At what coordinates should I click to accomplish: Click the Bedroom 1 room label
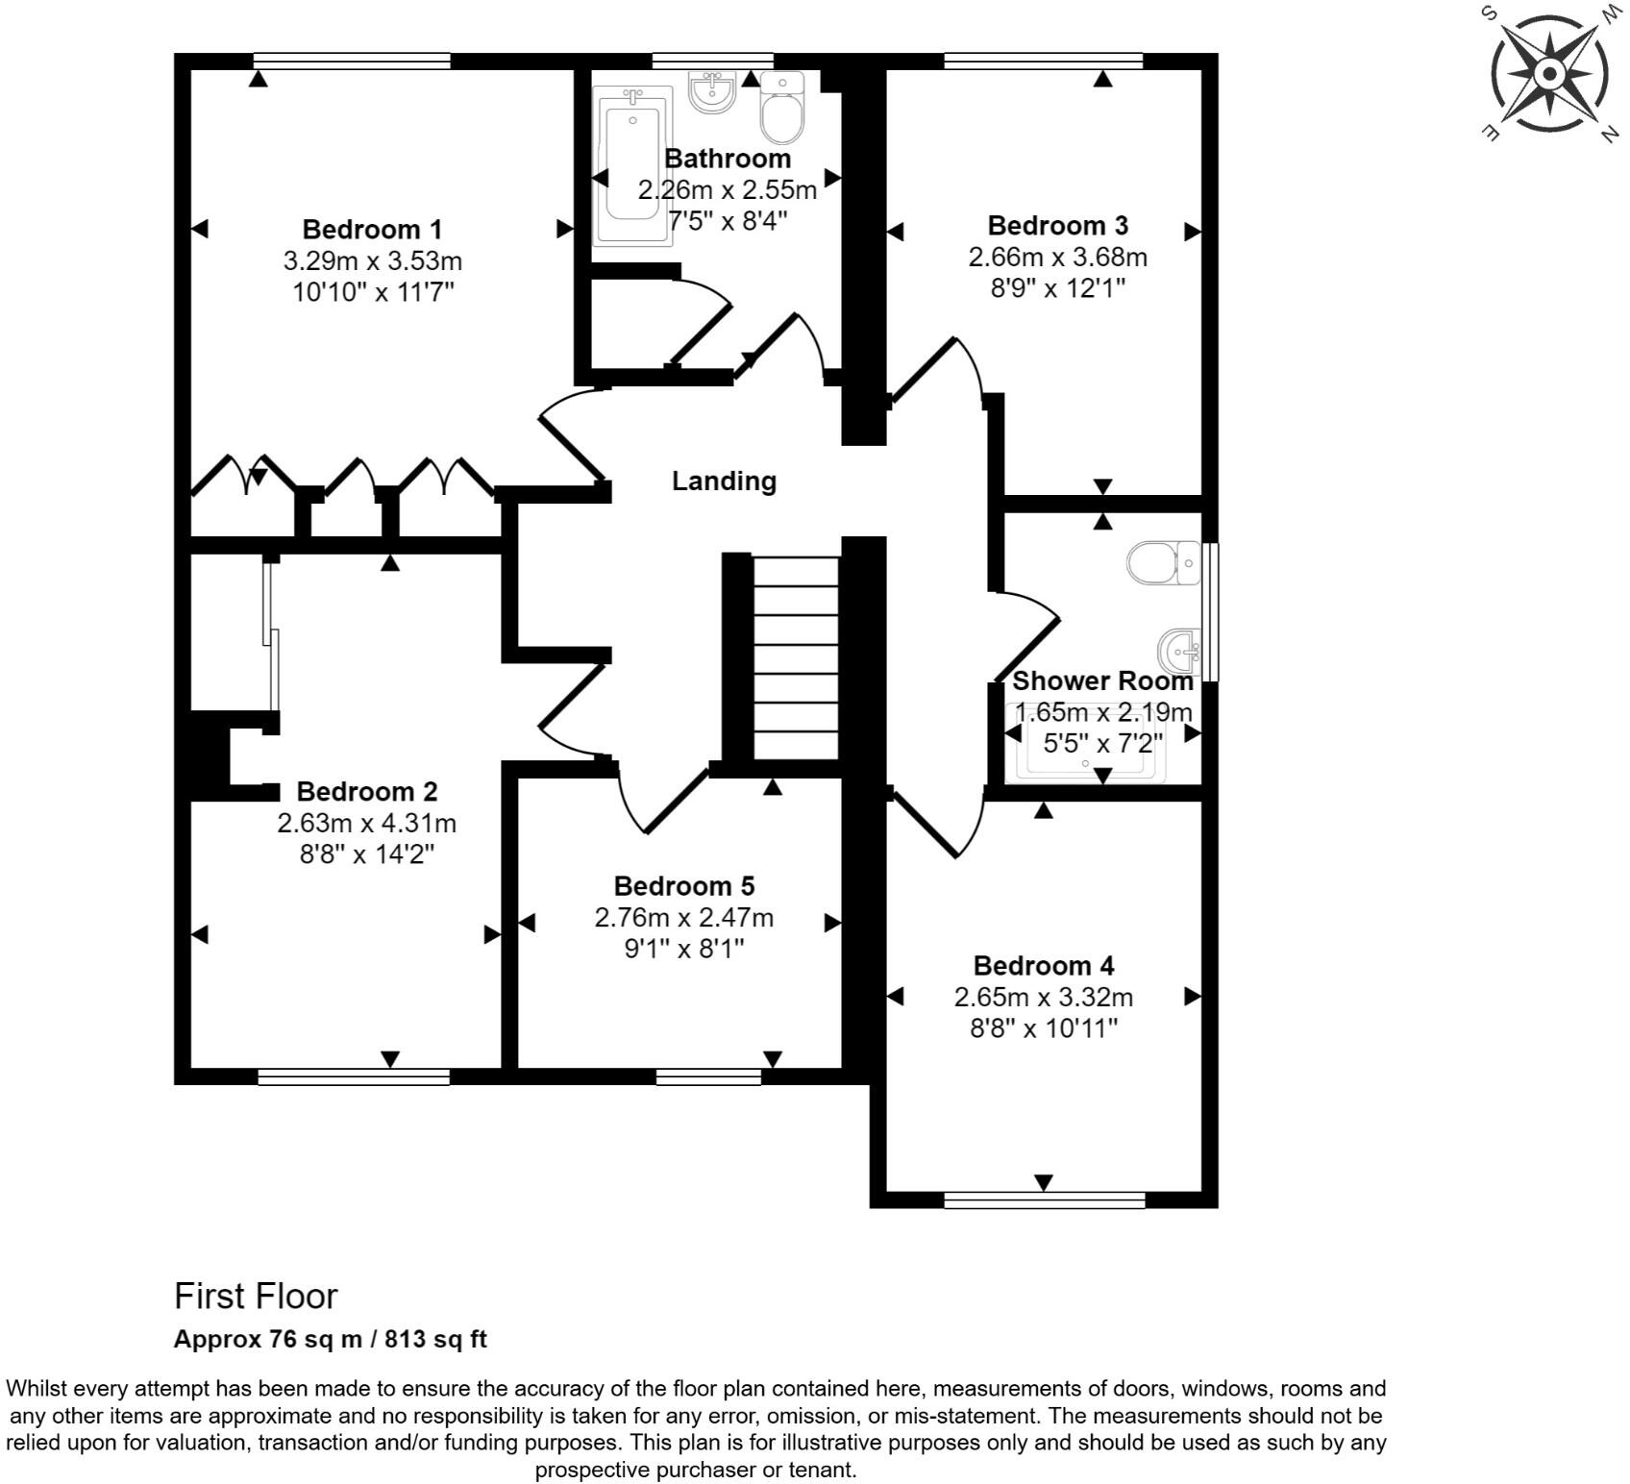click(372, 230)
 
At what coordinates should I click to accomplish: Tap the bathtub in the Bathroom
click(631, 165)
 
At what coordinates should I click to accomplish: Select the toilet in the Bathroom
click(782, 108)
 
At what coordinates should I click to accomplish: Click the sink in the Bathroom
click(711, 92)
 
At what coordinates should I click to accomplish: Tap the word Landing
click(723, 481)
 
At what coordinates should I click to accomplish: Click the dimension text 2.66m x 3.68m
click(1057, 258)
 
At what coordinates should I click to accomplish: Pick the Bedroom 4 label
click(1043, 966)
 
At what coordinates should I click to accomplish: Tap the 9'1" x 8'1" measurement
click(683, 949)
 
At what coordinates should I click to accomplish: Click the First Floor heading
click(256, 1297)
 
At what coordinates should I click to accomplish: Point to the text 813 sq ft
click(435, 1340)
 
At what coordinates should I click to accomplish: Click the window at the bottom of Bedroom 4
click(1045, 1200)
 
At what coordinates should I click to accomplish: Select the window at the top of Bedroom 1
click(353, 61)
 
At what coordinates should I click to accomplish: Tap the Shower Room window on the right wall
click(1212, 612)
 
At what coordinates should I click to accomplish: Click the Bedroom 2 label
click(366, 792)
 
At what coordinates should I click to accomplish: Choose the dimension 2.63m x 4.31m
click(366, 824)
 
